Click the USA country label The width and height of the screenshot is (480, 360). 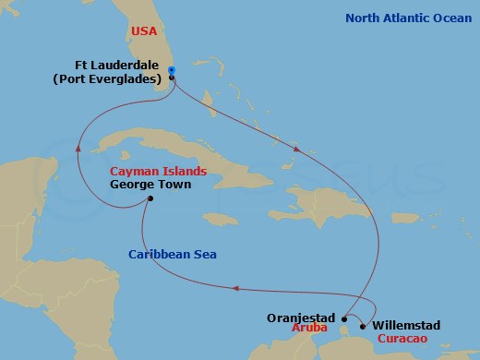pos(145,30)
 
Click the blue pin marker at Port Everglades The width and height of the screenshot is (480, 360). pos(173,71)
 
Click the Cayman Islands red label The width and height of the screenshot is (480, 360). pos(158,172)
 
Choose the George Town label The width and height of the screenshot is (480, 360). pos(150,185)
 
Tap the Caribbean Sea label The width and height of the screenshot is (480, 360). pos(167,254)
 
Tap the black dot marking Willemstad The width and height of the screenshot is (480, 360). pos(363,326)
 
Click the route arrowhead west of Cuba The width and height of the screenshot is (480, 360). pos(78,147)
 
